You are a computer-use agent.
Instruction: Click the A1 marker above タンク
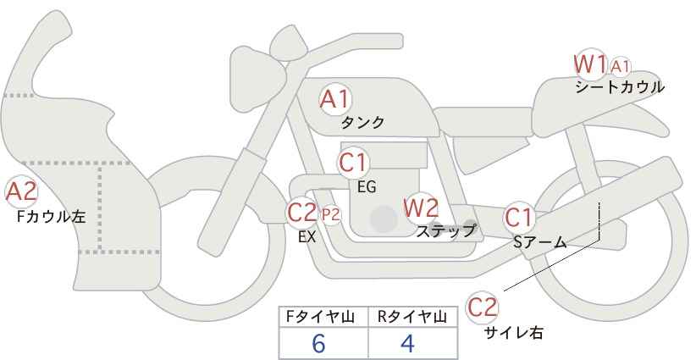[335, 100]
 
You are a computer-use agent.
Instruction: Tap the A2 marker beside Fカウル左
[21, 192]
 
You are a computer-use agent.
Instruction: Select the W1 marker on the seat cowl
[590, 64]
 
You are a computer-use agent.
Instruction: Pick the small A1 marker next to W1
[620, 67]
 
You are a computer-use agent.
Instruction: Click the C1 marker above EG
[353, 163]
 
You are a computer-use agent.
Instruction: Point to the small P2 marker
[331, 215]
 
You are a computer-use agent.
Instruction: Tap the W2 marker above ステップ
[421, 208]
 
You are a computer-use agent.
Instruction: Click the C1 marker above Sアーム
[519, 218]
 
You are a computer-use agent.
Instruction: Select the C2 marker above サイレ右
[483, 307]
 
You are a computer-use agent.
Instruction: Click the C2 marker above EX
[301, 213]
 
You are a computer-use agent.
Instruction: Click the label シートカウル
[620, 87]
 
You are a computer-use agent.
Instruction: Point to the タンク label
[362, 123]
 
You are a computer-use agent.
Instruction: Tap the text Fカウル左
[51, 217]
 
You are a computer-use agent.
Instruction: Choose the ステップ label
[445, 231]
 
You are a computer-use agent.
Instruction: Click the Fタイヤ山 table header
[320, 317]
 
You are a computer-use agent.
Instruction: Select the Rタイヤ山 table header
[412, 317]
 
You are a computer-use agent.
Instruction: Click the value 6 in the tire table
[318, 343]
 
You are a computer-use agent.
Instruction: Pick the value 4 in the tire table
[407, 343]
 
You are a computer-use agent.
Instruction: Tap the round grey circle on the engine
[384, 219]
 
